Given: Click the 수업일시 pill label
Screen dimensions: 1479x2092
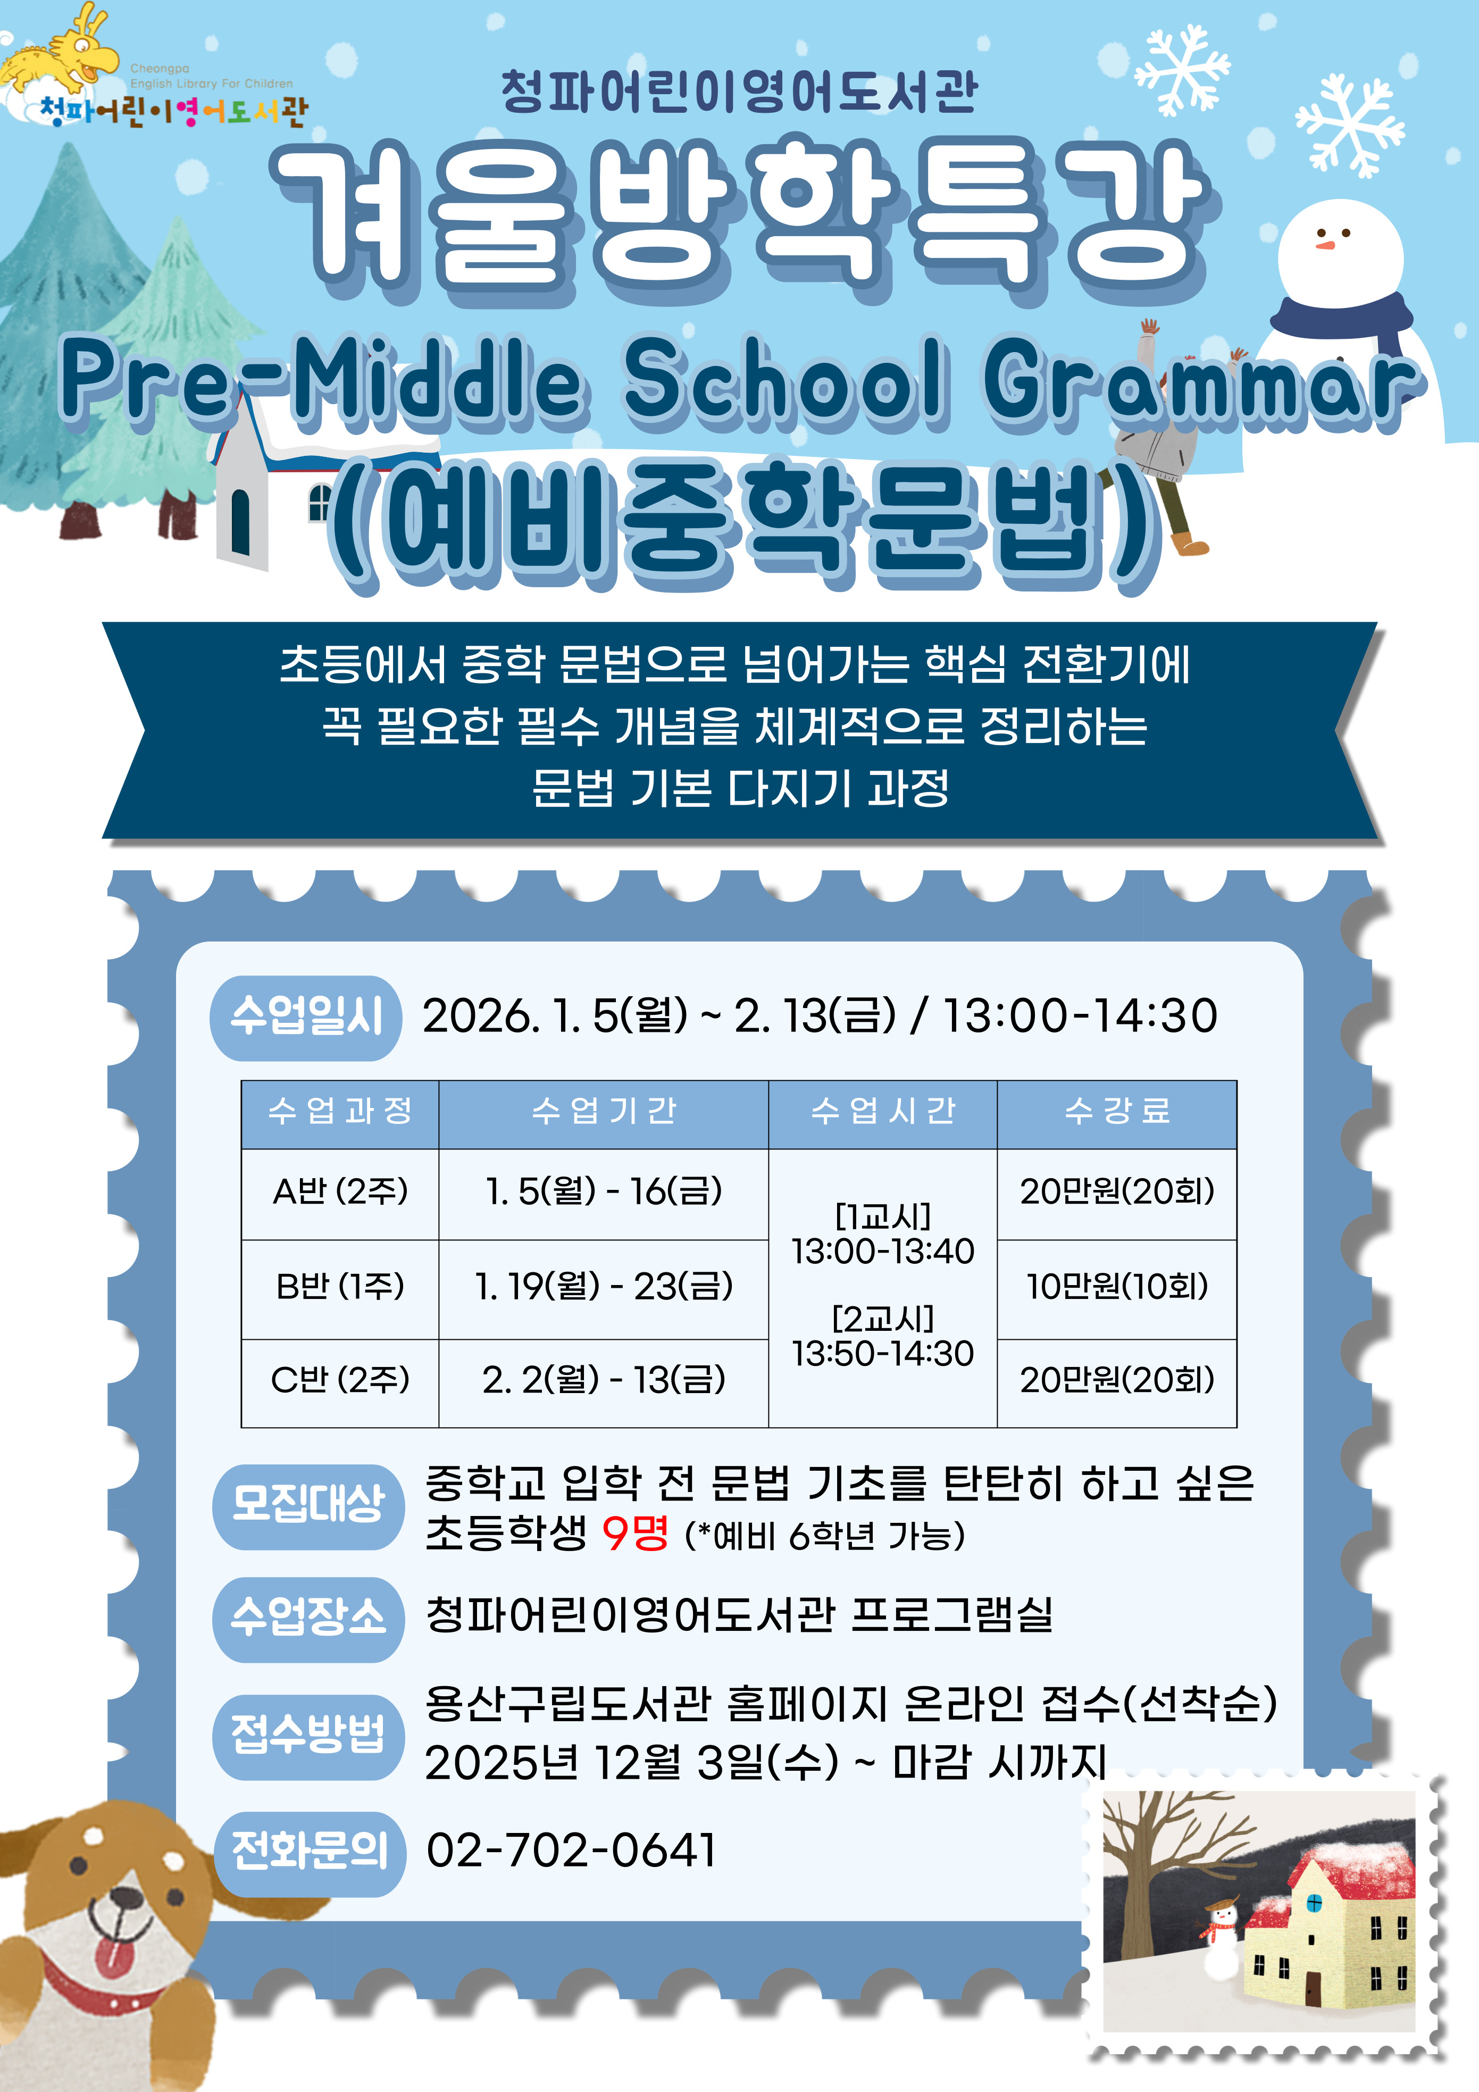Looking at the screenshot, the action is pos(306,1018).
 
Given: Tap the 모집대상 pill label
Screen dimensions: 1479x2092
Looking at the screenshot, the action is pos(308,1506).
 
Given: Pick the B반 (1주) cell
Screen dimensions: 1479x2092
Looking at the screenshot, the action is pos(340,1287).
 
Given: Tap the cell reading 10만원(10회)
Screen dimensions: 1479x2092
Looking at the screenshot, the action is pos(1117,1287).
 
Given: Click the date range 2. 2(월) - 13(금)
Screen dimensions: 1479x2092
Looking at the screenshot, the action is pos(603,1380).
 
